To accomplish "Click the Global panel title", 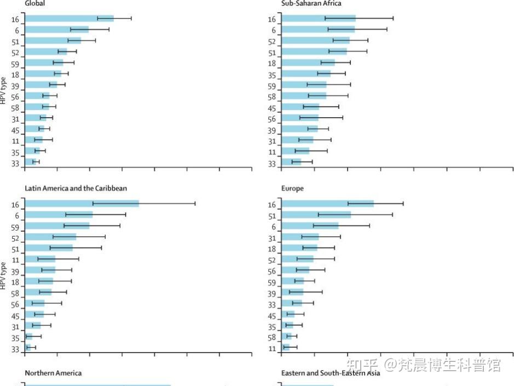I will tap(35, 3).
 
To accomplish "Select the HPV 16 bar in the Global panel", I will tap(69, 19).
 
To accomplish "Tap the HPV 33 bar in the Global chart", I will tap(30, 162).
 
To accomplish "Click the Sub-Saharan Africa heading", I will tap(311, 3).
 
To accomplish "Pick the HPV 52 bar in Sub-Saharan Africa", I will tap(315, 41).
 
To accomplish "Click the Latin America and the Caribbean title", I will tap(76, 188).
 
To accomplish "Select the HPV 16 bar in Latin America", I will tap(82, 204).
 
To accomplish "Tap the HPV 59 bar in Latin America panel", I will tap(57, 226).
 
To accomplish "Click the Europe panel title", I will tap(292, 188).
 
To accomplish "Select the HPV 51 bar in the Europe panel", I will tap(316, 215).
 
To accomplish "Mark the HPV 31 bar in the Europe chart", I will tap(300, 237).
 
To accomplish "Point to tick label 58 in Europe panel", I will tap(272, 338).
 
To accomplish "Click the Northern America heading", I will tap(53, 373).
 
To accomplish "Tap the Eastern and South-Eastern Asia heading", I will tap(330, 373).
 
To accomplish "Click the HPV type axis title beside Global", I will tap(4, 91).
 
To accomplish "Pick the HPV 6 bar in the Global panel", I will tap(56, 30).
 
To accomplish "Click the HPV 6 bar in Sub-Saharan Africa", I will tap(318, 30).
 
